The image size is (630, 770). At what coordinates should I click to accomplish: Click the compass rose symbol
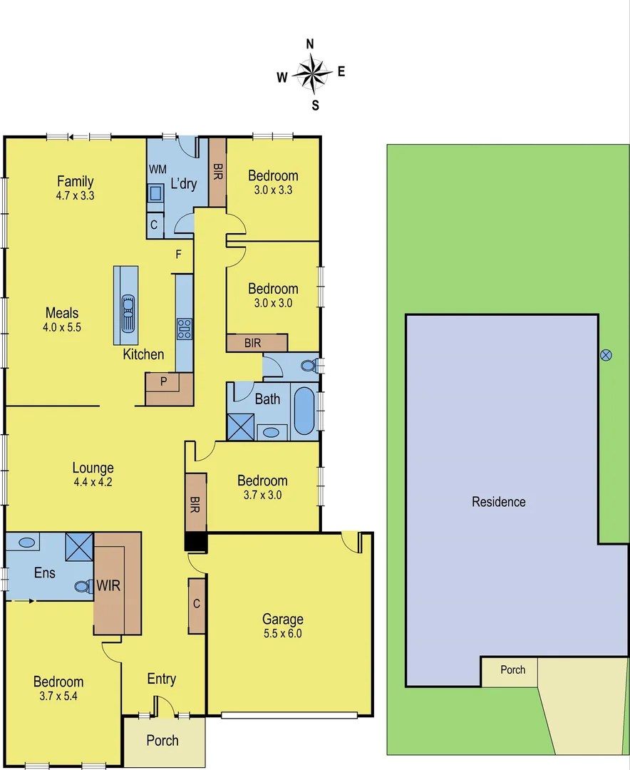click(x=311, y=72)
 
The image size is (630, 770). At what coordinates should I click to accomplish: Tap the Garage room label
click(x=283, y=619)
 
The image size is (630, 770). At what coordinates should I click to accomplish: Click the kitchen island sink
click(x=128, y=312)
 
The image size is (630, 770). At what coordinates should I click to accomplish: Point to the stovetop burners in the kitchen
click(x=184, y=329)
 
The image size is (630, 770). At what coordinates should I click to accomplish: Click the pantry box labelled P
click(x=163, y=381)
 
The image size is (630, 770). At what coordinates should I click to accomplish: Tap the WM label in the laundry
click(x=156, y=169)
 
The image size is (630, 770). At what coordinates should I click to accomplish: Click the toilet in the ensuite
click(x=83, y=587)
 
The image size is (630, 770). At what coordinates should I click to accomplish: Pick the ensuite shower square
click(x=79, y=547)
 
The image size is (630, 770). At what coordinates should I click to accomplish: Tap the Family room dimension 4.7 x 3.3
click(x=76, y=195)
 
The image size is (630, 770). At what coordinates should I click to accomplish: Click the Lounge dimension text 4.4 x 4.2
click(x=93, y=482)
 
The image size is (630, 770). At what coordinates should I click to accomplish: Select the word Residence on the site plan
click(x=499, y=502)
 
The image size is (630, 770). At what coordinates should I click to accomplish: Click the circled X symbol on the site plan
click(x=606, y=354)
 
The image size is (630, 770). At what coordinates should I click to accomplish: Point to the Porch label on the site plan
click(x=512, y=669)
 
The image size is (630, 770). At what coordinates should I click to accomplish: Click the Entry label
click(x=161, y=679)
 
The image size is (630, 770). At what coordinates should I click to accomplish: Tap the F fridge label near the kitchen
click(x=179, y=253)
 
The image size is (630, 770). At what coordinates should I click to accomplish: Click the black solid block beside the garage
click(x=195, y=542)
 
